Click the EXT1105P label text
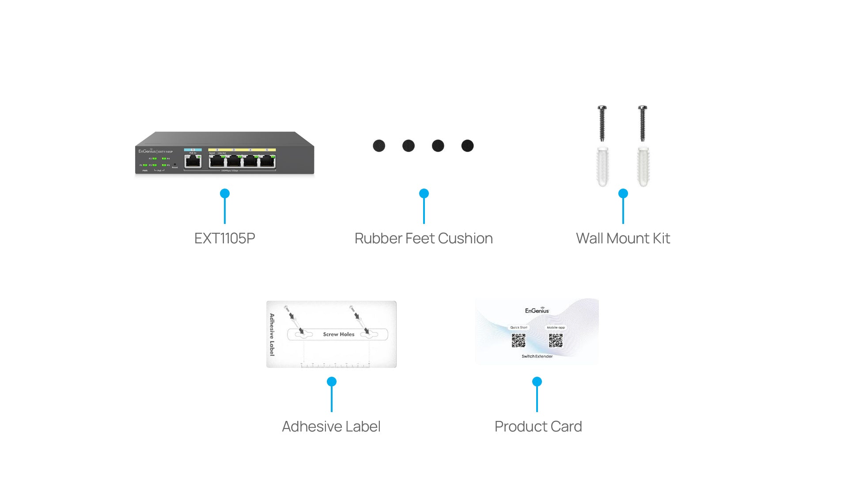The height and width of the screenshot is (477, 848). pyautogui.click(x=224, y=238)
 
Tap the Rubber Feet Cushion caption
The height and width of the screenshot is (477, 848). pyautogui.click(x=423, y=238)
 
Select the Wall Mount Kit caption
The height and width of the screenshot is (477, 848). pyautogui.click(x=623, y=238)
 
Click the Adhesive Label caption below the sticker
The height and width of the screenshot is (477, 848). pyautogui.click(x=331, y=427)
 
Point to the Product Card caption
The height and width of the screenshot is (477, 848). pyautogui.click(x=538, y=427)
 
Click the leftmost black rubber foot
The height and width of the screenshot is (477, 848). pyautogui.click(x=379, y=146)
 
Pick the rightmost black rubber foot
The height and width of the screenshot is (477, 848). pyautogui.click(x=467, y=146)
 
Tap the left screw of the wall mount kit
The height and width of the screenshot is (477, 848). pyautogui.click(x=602, y=123)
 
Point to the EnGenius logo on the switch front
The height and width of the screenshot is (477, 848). pyautogui.click(x=147, y=151)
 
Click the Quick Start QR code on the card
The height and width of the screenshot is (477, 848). pyautogui.click(x=519, y=341)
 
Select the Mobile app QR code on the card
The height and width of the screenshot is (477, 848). pyautogui.click(x=556, y=341)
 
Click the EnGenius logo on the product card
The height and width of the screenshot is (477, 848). pyautogui.click(x=537, y=310)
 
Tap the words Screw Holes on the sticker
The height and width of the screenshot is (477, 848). pyautogui.click(x=339, y=334)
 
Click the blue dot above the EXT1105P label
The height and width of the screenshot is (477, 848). pyautogui.click(x=225, y=193)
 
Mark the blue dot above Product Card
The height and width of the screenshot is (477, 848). pyautogui.click(x=537, y=382)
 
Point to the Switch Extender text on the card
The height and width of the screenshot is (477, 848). pyautogui.click(x=537, y=356)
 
